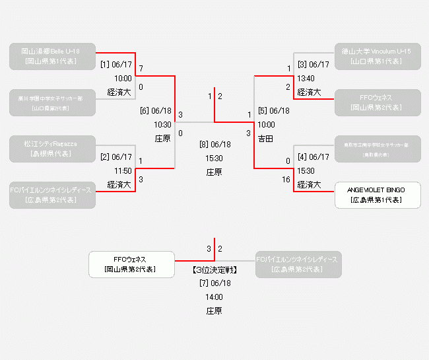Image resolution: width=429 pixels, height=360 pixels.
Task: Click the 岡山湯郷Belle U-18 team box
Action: pos(53,56)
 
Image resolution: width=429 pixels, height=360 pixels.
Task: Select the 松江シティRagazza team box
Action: pos(53,149)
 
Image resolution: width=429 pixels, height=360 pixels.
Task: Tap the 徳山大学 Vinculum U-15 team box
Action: pos(377,56)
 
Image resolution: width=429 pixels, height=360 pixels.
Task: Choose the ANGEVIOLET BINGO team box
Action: pos(377,195)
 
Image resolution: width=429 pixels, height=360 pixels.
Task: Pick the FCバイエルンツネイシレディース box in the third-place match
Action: pos(297,264)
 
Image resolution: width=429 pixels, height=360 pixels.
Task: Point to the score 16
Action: pos(286,179)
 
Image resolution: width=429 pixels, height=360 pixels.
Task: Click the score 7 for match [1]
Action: pos(141,68)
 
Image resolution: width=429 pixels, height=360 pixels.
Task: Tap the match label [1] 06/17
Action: pos(116,65)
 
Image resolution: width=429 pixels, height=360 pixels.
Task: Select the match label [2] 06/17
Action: pos(116,157)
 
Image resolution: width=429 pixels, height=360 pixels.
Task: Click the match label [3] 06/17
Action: pos(313,65)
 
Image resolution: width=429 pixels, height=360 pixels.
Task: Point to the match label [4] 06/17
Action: pos(313,157)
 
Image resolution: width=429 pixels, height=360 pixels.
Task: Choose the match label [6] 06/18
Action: pos(156,111)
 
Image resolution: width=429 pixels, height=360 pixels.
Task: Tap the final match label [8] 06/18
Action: pos(214,144)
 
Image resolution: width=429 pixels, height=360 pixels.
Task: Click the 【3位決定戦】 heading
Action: pos(214,270)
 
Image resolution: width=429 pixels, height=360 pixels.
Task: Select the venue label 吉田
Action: pos(265,138)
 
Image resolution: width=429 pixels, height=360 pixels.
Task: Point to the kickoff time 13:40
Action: pos(306,78)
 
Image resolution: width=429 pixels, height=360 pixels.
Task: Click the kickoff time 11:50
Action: pos(123,170)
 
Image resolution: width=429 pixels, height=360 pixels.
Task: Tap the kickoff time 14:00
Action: pos(214,297)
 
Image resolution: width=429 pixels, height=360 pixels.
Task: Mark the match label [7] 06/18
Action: pos(214,283)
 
